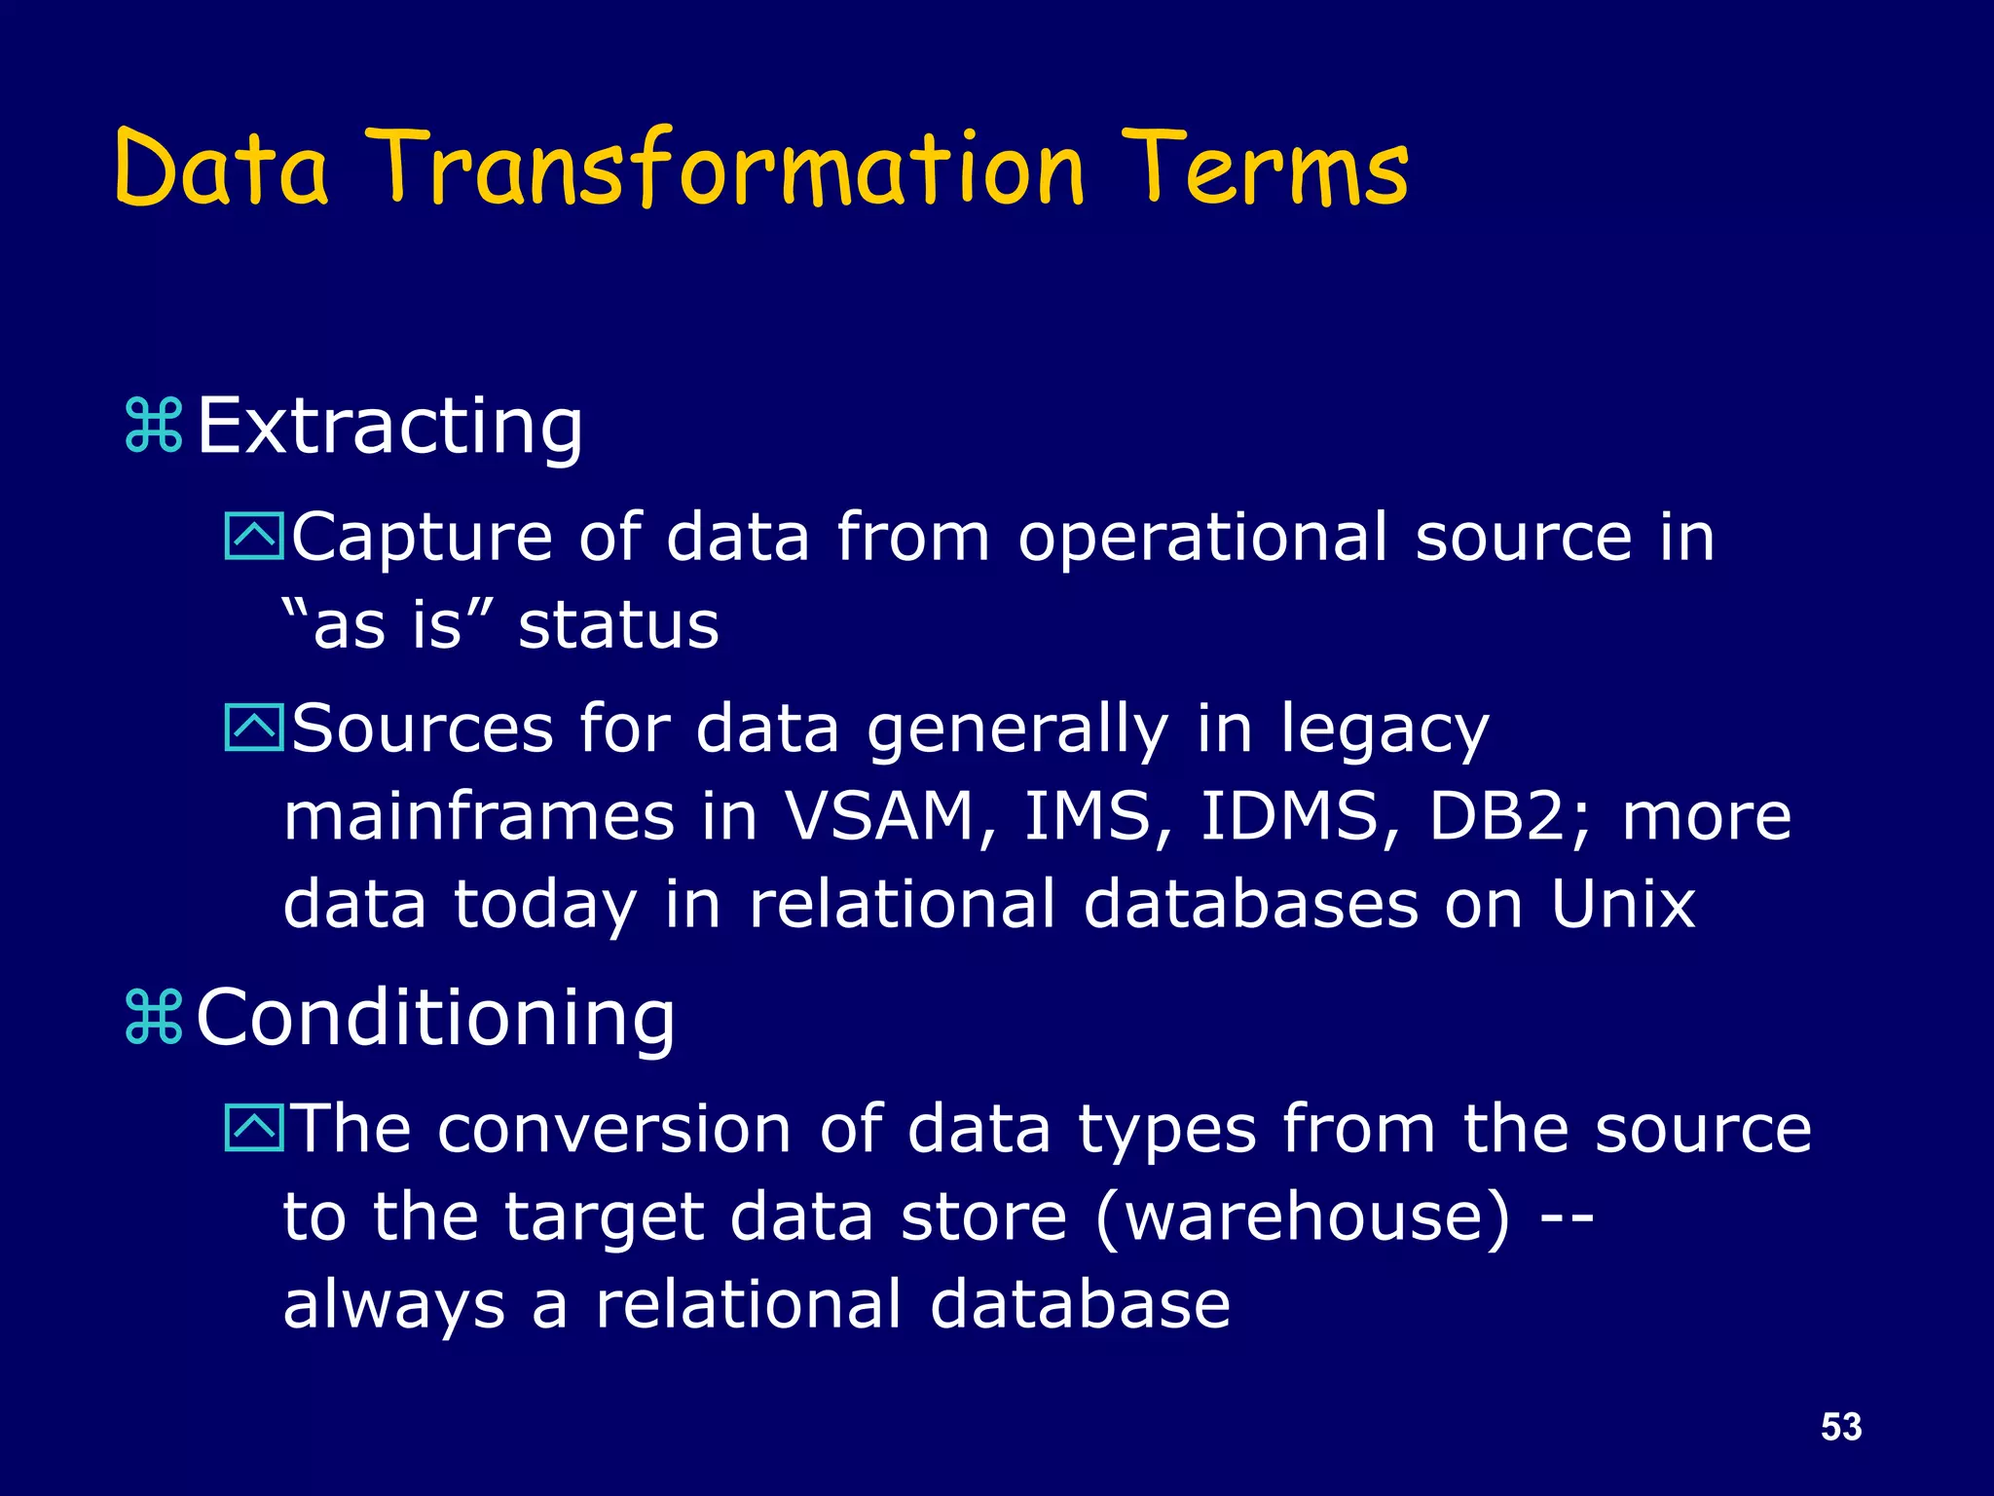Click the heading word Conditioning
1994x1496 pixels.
click(435, 1017)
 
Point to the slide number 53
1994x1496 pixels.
click(1840, 1427)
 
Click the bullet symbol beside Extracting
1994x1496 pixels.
click(154, 426)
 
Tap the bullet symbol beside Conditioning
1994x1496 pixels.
click(154, 1017)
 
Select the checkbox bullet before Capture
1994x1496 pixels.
click(253, 537)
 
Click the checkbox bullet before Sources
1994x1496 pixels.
click(253, 728)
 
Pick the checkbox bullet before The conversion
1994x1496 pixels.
click(253, 1128)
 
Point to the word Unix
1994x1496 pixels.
click(1622, 904)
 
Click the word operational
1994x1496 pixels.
click(1202, 539)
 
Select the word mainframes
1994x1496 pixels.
click(478, 815)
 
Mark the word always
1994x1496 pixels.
click(393, 1306)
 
